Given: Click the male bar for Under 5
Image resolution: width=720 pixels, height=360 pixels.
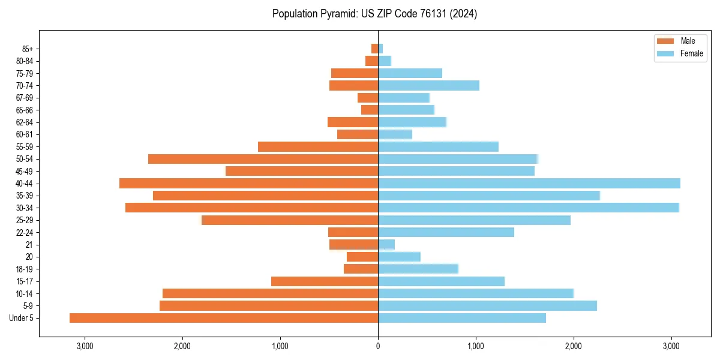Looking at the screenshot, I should pyautogui.click(x=224, y=318).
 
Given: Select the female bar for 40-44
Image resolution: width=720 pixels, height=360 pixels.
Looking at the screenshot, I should pyautogui.click(x=529, y=183).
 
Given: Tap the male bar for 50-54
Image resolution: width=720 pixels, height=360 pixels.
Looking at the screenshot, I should pyautogui.click(x=263, y=159).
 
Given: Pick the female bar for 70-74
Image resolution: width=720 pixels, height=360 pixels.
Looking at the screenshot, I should pyautogui.click(x=428, y=86).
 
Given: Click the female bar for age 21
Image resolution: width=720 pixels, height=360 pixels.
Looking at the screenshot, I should pyautogui.click(x=386, y=244).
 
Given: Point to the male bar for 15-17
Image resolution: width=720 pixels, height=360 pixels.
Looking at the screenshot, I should pyautogui.click(x=325, y=281).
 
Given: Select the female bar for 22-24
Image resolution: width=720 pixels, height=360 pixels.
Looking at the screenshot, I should pyautogui.click(x=446, y=232).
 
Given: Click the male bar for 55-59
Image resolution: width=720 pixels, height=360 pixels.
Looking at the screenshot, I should pyautogui.click(x=318, y=146).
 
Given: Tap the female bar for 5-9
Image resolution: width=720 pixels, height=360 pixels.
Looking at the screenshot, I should pyautogui.click(x=487, y=306).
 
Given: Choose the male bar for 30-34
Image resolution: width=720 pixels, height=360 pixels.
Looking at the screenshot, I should pyautogui.click(x=251, y=208).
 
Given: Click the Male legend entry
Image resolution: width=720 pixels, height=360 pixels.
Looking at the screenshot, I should pyautogui.click(x=680, y=41).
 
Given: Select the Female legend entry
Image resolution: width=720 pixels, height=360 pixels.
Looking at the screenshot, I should pyautogui.click(x=680, y=53).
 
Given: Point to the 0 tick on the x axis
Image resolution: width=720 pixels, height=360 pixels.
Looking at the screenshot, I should pyautogui.click(x=378, y=346).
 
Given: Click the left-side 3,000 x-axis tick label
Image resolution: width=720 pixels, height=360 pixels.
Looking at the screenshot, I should pyautogui.click(x=85, y=346).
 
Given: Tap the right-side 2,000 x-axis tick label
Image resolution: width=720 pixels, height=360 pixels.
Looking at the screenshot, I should pyautogui.click(x=574, y=346).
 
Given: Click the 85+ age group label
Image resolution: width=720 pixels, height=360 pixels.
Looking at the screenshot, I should pyautogui.click(x=27, y=49).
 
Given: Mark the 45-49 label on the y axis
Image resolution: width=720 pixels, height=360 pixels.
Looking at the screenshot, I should pyautogui.click(x=25, y=171).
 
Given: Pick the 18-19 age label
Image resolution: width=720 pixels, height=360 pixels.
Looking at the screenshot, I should pyautogui.click(x=25, y=269).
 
